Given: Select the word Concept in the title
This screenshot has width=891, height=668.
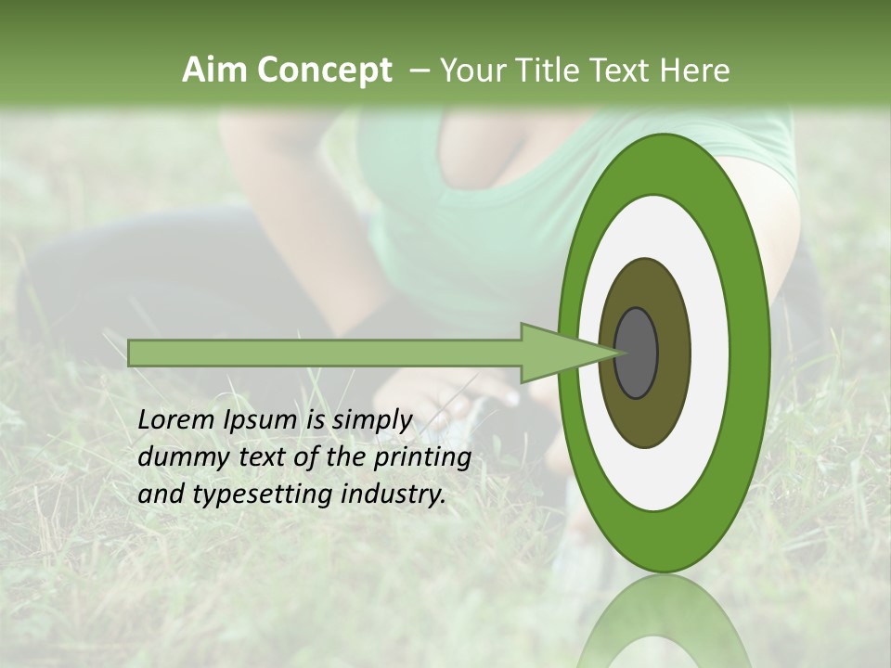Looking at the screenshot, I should coord(323,71).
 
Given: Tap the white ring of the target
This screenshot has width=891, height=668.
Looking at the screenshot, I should coord(710,353).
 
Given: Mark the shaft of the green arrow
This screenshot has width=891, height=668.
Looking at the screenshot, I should coord(325,353).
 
